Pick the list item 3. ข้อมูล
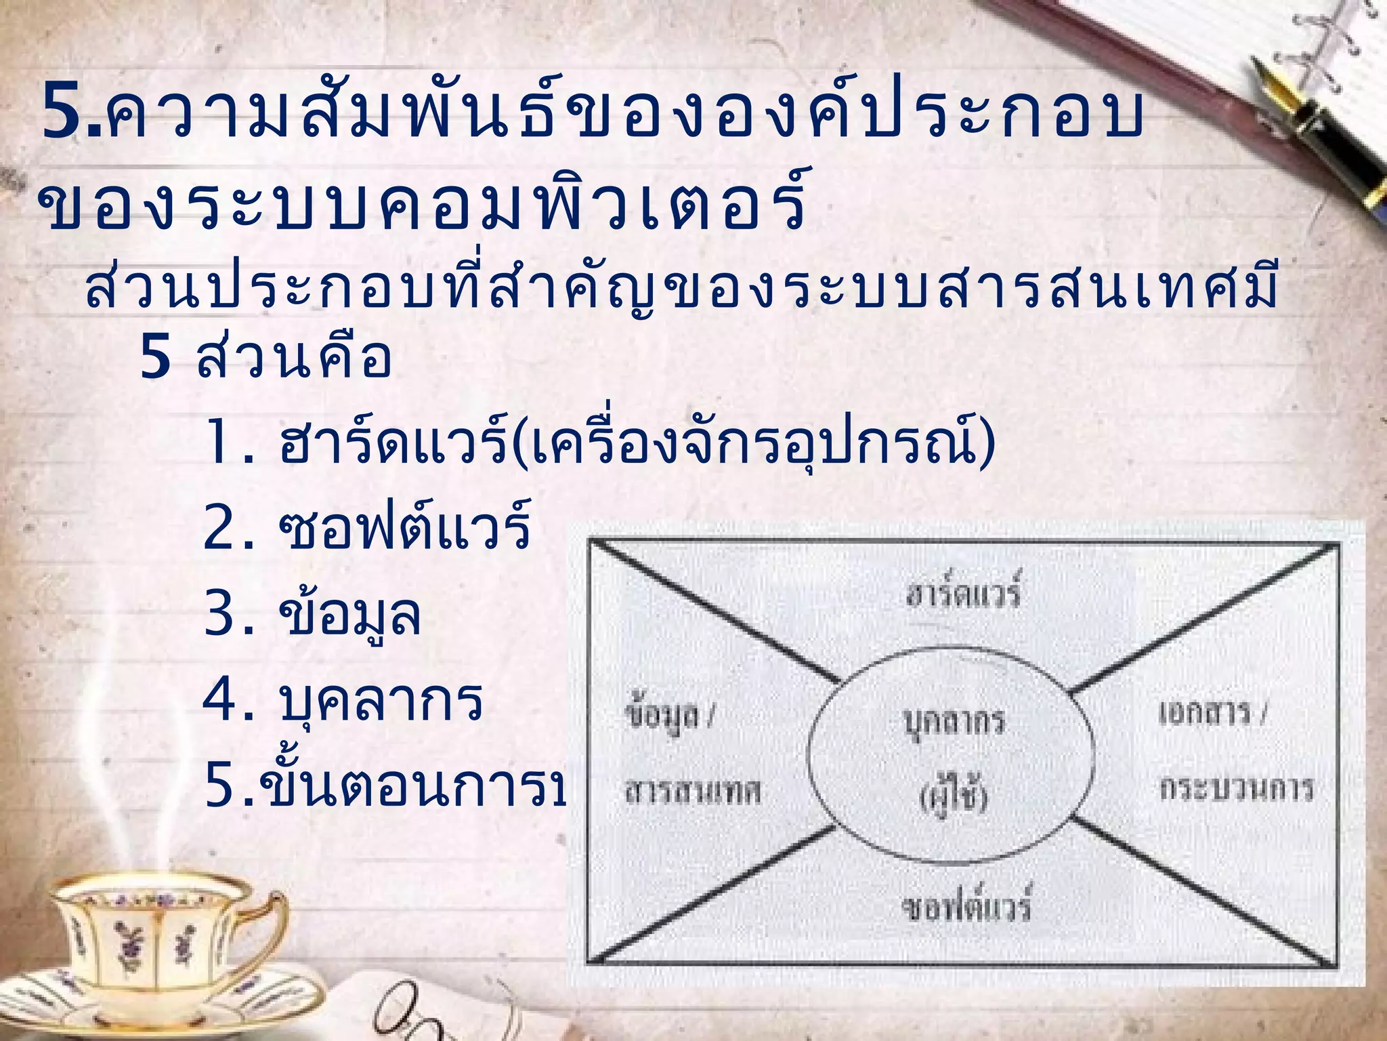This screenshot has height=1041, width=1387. [312, 614]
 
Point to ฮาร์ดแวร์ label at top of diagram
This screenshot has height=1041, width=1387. [962, 592]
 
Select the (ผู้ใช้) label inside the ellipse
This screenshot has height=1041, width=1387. [954, 797]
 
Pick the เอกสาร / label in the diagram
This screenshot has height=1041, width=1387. [1212, 713]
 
